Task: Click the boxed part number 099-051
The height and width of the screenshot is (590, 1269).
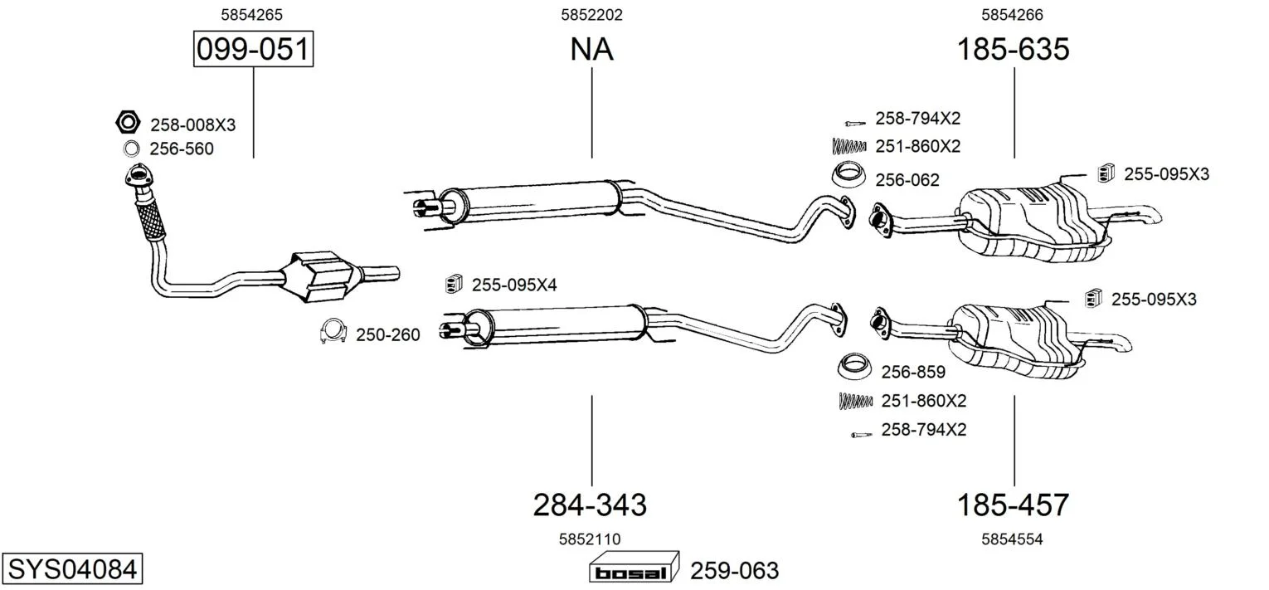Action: (253, 50)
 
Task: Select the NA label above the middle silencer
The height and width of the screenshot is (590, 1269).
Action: (591, 50)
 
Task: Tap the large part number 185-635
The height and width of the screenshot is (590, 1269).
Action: (1013, 50)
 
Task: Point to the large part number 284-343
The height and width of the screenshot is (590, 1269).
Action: (589, 504)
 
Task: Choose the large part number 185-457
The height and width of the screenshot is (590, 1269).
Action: (1013, 504)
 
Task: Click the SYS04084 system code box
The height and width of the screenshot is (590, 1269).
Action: (71, 570)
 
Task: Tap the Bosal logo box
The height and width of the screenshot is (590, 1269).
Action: (634, 571)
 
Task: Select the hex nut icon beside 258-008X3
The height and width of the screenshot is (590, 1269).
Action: (127, 124)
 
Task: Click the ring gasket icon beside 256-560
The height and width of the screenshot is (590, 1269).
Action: (131, 149)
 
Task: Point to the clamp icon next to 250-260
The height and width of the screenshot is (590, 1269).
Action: (333, 333)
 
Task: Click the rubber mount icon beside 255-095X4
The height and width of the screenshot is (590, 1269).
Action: (453, 284)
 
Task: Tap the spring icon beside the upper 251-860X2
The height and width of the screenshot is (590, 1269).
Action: (848, 146)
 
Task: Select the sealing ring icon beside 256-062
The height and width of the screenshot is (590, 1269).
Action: (848, 176)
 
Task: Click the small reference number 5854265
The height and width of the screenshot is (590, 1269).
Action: (253, 14)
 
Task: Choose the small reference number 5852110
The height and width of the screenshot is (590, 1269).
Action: (590, 539)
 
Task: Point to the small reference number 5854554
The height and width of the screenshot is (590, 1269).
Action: (1012, 539)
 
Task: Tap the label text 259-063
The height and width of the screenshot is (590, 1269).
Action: (735, 571)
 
